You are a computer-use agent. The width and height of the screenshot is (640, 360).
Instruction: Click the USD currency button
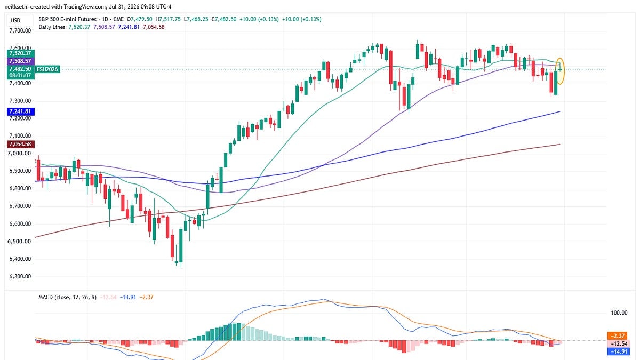coord(15,20)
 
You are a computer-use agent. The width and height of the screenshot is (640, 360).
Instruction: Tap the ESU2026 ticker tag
coord(47,69)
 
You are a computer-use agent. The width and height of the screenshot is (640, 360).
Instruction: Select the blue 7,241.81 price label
coord(21,111)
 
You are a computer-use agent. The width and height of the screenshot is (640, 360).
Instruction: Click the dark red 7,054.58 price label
coord(21,145)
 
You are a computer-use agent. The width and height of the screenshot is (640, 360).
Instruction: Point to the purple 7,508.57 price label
coord(21,61)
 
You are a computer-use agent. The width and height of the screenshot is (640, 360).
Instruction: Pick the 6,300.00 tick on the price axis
coord(20,277)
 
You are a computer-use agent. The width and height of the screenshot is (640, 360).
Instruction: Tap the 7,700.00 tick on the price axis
coord(20,30)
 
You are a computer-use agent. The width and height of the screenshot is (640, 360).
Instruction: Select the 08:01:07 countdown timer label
coord(21,75)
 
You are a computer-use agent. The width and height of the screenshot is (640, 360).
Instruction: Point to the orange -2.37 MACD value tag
coord(618,335)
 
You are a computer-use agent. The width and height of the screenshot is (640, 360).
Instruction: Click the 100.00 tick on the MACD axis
coord(619,313)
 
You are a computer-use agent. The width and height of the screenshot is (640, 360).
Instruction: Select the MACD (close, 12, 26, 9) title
coord(67,297)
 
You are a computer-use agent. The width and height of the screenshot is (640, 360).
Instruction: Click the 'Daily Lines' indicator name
coord(52,27)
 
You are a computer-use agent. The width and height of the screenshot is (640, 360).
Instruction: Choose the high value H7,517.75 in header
coord(168,19)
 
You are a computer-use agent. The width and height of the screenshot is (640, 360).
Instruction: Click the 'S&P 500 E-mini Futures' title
coord(67,19)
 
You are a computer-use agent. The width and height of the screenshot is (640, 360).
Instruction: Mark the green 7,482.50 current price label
coord(21,69)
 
